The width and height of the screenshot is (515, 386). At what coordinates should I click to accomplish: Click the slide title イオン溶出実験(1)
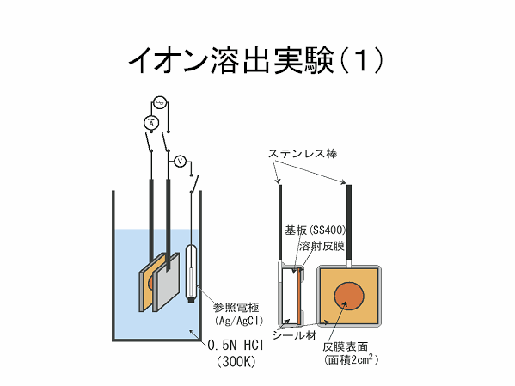(x=255, y=61)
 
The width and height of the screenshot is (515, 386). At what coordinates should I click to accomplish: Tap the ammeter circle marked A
(x=151, y=123)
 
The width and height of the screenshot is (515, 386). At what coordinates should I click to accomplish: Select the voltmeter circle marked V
(x=180, y=162)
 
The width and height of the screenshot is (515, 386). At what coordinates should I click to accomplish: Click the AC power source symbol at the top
(x=160, y=103)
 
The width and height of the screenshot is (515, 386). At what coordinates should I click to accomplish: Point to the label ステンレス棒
(x=303, y=153)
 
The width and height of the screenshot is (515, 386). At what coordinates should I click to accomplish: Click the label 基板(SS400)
(x=316, y=230)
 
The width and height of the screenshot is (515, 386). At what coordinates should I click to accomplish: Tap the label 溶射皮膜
(x=322, y=246)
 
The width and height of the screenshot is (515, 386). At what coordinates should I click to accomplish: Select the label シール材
(x=294, y=335)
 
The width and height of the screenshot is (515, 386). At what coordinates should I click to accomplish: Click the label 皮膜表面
(x=345, y=346)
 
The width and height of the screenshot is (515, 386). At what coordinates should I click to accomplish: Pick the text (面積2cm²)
(x=351, y=359)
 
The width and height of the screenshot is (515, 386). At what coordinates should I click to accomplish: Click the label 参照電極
(x=236, y=308)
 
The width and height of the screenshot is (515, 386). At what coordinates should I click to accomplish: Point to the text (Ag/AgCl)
(x=239, y=321)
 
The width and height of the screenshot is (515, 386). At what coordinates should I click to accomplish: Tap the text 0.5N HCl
(x=236, y=346)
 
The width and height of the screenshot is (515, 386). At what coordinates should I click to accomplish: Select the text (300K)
(x=236, y=362)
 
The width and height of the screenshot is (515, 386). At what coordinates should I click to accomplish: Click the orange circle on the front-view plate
(x=349, y=296)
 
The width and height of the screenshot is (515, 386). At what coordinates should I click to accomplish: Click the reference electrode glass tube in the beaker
(x=191, y=273)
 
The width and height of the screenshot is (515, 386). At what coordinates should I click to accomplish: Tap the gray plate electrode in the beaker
(x=166, y=283)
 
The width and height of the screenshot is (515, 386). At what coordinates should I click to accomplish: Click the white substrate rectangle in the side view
(x=289, y=297)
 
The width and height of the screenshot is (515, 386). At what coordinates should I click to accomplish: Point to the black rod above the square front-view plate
(x=349, y=222)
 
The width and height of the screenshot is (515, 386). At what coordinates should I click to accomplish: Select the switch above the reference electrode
(x=194, y=184)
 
